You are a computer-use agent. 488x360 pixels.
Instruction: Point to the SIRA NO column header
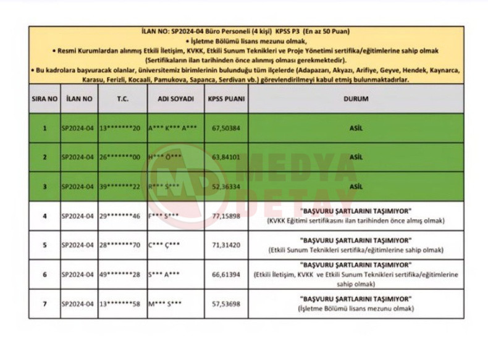click(44, 99)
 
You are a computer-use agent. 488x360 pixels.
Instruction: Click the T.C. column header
click(123, 99)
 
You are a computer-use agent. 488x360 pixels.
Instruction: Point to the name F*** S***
click(164, 217)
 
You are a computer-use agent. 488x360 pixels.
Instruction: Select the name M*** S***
click(164, 304)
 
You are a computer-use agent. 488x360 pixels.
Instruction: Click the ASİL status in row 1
click(355, 128)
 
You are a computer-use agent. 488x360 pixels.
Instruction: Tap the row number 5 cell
click(44, 246)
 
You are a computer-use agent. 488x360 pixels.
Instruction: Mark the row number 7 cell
click(44, 304)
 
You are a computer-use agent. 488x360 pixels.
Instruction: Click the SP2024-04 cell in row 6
click(77, 275)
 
